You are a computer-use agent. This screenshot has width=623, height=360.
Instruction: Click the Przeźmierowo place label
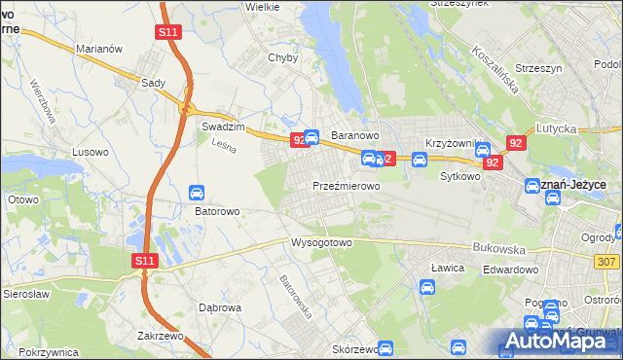346,185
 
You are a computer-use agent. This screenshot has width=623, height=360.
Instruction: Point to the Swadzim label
221,126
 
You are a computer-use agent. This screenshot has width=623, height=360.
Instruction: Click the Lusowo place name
91,152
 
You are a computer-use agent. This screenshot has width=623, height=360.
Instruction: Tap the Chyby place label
282,57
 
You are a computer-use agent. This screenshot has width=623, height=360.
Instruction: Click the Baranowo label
354,134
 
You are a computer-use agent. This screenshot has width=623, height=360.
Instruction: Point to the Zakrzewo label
162,335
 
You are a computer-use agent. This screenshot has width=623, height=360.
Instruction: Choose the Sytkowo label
460,177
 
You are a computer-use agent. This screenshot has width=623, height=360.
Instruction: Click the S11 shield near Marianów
167,32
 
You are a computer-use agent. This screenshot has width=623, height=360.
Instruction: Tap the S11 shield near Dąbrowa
145,261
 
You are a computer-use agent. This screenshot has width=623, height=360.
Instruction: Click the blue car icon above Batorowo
196,192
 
